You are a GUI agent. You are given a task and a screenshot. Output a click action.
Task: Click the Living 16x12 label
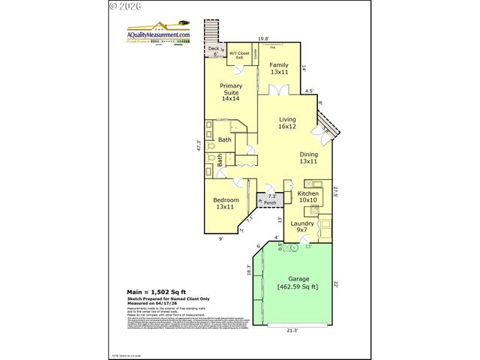287,122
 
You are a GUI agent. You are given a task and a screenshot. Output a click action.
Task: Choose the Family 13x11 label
279,68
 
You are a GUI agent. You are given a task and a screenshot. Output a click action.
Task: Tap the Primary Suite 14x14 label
230,91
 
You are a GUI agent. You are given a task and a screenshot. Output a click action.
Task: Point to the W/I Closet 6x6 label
239,55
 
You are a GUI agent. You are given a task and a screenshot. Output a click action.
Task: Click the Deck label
212,49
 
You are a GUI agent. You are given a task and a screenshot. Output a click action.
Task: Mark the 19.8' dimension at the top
263,37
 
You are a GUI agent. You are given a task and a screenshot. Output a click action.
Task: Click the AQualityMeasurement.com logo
158,35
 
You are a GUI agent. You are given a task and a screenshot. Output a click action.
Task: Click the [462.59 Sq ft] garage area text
298,286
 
